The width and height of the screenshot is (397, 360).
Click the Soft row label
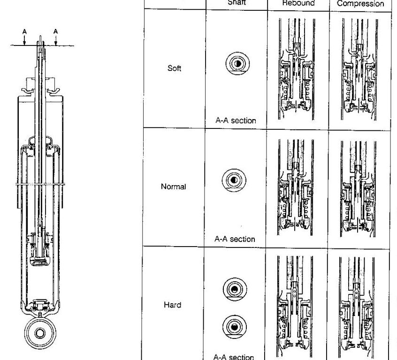point(174,68)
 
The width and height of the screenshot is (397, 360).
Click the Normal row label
point(173,187)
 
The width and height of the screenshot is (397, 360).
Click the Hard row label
point(173,305)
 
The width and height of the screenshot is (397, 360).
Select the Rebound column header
point(298,3)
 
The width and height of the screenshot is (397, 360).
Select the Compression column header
point(360,4)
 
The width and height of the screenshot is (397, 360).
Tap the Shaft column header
point(237,2)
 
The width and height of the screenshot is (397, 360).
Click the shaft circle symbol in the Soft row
point(237,63)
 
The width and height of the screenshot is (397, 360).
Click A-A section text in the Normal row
point(235,239)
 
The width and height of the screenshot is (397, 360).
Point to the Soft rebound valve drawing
point(298,68)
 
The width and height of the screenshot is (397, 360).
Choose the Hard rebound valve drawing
point(298,305)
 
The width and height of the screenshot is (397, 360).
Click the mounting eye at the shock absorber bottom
point(40,333)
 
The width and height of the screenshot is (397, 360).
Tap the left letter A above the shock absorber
point(24,31)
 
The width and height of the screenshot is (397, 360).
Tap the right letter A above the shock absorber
point(56,31)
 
